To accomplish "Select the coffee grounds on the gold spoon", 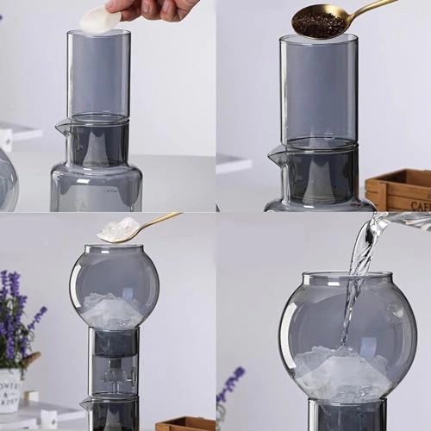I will [x=319, y=23].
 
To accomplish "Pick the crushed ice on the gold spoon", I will [x=118, y=229].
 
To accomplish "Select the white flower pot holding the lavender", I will [x=10, y=389].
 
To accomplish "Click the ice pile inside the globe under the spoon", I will [x=112, y=311].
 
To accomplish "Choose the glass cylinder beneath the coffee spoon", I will [x=318, y=86].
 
